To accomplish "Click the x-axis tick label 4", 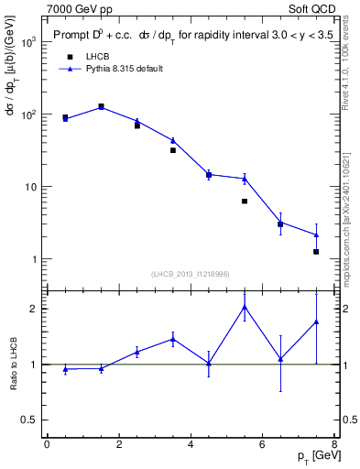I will click(x=191, y=445).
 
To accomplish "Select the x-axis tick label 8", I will click(x=334, y=445).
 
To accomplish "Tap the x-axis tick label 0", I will click(x=47, y=445).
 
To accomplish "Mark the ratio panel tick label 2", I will click(x=32, y=308).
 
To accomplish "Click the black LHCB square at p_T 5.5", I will click(x=245, y=202).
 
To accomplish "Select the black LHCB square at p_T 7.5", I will click(x=316, y=251).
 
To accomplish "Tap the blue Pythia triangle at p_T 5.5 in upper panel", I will click(x=245, y=179).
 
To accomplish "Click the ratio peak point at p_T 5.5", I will click(x=245, y=306).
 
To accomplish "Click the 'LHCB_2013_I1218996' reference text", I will click(x=191, y=274).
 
